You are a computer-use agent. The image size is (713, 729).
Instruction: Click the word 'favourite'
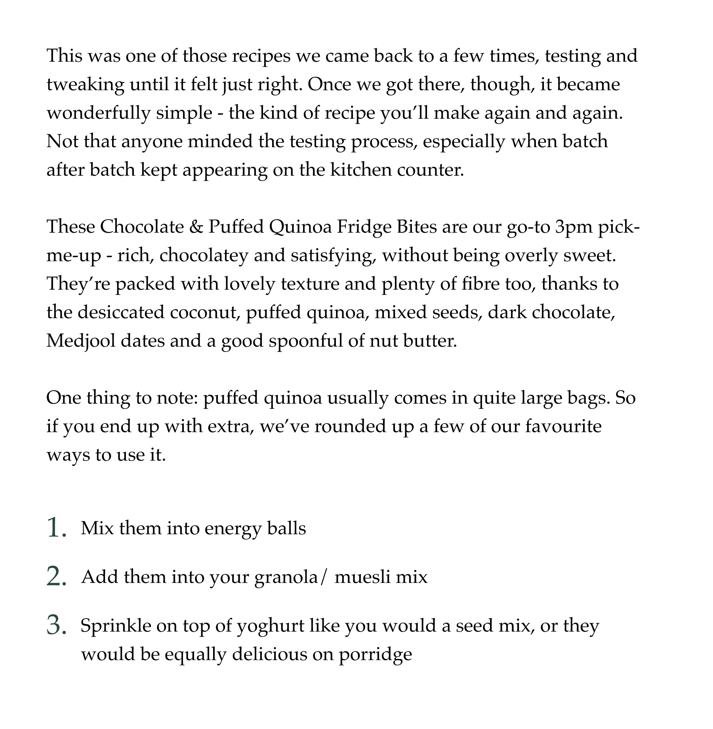coord(563,427)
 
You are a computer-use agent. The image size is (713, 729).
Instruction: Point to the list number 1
coord(55,528)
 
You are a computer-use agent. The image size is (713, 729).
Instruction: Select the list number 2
coord(55,577)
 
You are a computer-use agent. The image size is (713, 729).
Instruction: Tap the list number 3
coord(55,626)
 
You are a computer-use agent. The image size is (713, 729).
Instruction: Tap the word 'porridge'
coord(375,655)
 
